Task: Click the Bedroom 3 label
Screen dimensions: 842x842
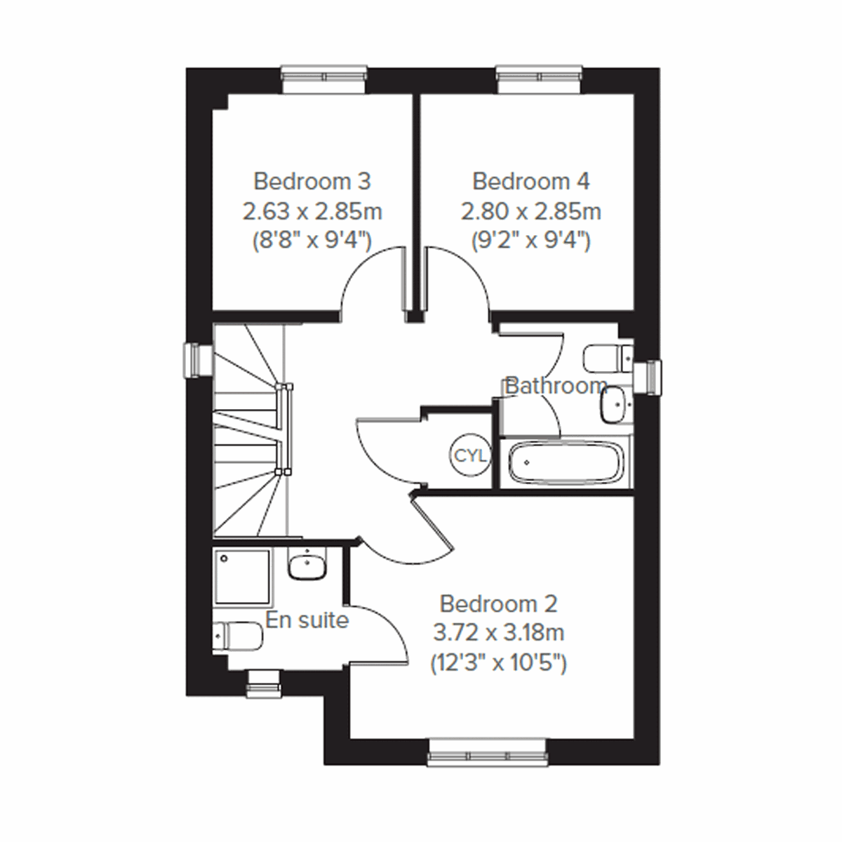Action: click(312, 182)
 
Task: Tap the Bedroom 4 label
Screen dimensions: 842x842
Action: click(531, 182)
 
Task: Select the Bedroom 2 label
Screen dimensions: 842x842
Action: click(498, 603)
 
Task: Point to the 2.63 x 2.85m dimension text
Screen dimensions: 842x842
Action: click(312, 211)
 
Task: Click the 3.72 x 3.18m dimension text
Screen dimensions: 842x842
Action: click(498, 633)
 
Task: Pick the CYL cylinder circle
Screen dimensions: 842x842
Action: click(470, 456)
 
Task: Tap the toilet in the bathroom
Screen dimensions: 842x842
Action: click(608, 358)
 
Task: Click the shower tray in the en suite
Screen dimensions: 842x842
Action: click(242, 577)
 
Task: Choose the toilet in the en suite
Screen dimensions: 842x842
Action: click(239, 636)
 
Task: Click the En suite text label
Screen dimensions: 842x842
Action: click(307, 620)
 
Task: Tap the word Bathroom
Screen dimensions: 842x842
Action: click(556, 386)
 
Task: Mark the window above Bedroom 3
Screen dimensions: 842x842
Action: click(323, 79)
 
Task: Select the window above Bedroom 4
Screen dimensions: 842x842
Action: click(539, 79)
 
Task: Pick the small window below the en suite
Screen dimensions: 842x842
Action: click(265, 680)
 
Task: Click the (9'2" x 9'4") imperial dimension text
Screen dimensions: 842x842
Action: click(531, 241)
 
